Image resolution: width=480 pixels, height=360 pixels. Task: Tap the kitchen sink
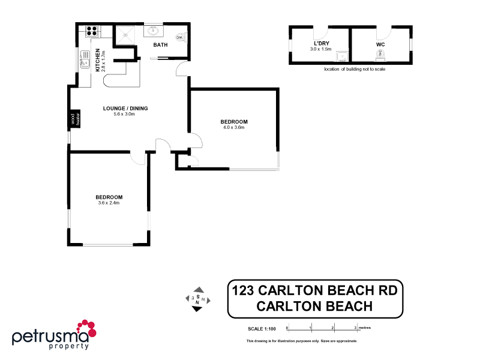click(85, 60)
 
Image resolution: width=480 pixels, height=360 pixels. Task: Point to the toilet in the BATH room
click(180, 37)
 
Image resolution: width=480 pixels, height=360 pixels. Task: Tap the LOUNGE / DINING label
click(125, 109)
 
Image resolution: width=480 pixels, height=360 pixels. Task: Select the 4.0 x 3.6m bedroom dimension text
click(233, 127)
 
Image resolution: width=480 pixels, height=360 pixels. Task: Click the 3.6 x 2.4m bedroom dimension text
click(109, 203)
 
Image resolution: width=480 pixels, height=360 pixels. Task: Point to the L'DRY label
click(321, 44)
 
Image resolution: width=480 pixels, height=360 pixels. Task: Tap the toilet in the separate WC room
click(380, 53)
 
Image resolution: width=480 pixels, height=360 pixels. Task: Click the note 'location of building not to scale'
click(354, 70)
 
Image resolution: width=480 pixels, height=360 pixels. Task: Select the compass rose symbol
click(197, 298)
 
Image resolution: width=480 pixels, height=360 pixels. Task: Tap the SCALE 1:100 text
click(262, 328)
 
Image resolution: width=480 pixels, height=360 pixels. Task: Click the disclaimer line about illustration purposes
click(302, 341)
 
